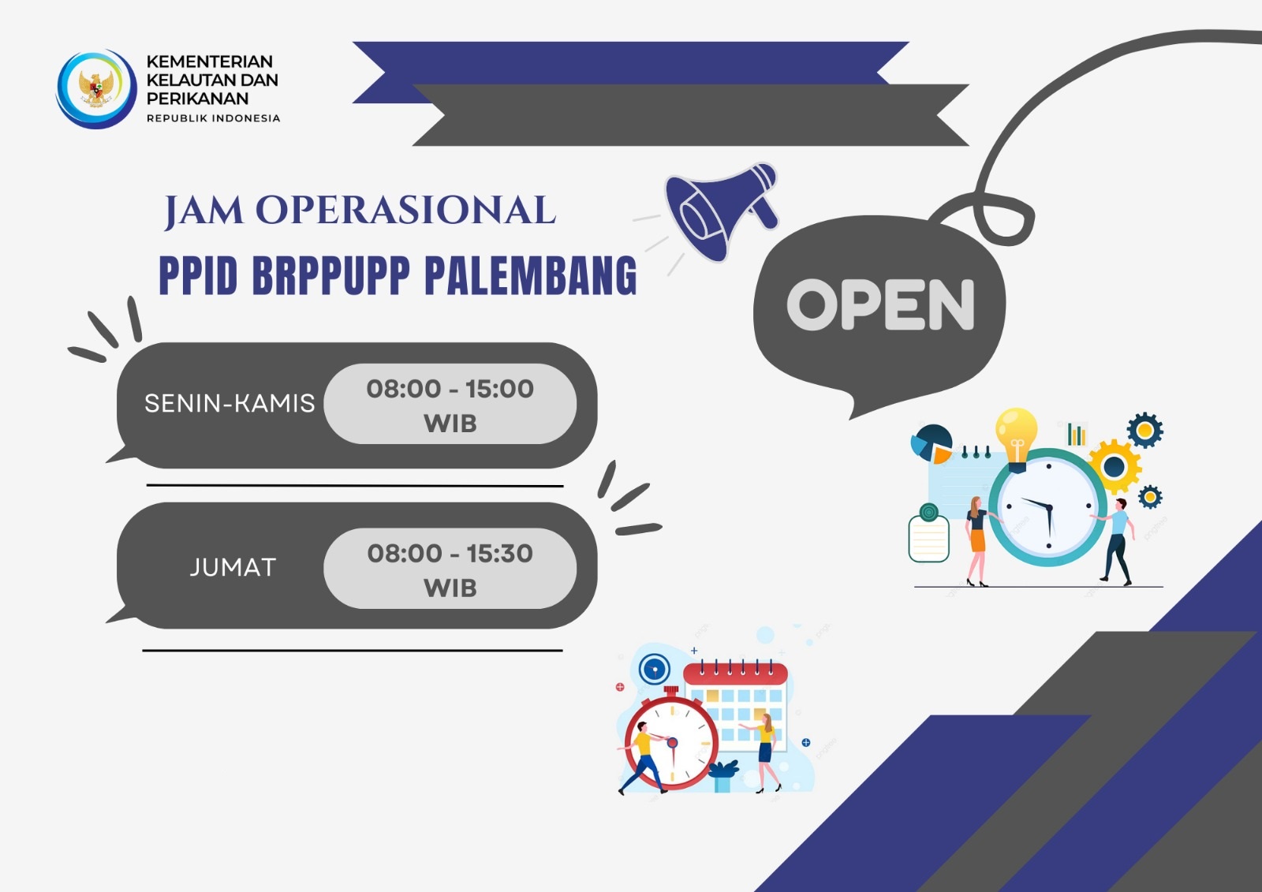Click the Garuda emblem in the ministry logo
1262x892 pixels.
pyautogui.click(x=96, y=88)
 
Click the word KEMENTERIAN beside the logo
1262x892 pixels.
pyautogui.click(x=210, y=61)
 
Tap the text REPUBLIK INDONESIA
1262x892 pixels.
pyautogui.click(x=214, y=118)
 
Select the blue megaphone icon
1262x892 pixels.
pyautogui.click(x=722, y=211)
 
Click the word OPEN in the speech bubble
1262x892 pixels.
pyautogui.click(x=880, y=304)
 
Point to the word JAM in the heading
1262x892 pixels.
pyautogui.click(x=204, y=211)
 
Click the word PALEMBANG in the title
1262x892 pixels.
pyautogui.click(x=531, y=275)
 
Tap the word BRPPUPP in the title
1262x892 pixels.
pyautogui.click(x=330, y=275)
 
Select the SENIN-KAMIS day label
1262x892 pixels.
pyautogui.click(x=230, y=404)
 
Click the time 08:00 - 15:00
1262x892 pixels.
pyautogui.click(x=450, y=389)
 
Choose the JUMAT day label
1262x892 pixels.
pyautogui.click(x=233, y=567)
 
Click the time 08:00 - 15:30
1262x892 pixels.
pyautogui.click(x=450, y=554)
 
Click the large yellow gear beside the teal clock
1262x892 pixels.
pyautogui.click(x=1115, y=467)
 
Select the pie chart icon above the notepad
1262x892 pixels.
pyautogui.click(x=932, y=444)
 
